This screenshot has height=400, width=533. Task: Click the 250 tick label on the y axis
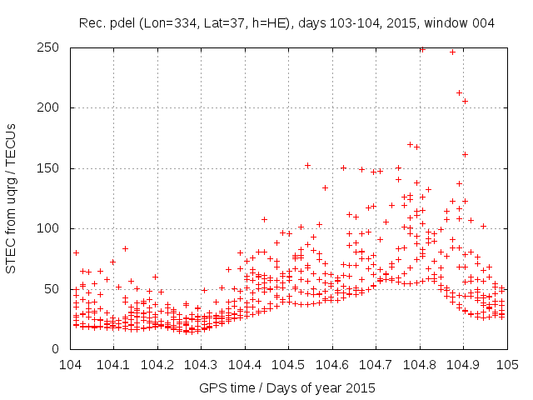tap(52, 47)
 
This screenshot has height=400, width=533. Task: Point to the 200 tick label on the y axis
tap(52, 107)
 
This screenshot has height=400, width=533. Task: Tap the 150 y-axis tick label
tap(52, 168)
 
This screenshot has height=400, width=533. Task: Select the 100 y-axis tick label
tap(52, 228)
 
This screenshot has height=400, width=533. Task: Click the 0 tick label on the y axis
tap(58, 349)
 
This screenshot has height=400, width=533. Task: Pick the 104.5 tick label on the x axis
tap(288, 365)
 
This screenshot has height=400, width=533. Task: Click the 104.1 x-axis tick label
tap(114, 365)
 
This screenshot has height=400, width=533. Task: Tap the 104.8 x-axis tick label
tap(420, 365)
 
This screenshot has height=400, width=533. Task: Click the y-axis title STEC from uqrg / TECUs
tap(11, 197)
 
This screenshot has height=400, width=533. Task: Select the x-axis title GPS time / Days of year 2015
tap(287, 387)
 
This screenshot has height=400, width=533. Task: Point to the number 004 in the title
tap(482, 23)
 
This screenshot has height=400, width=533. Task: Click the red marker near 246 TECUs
tap(453, 52)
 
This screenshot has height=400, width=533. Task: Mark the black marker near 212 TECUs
tap(459, 92)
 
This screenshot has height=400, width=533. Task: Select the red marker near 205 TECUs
tap(465, 101)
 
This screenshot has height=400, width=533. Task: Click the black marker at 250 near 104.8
tap(422, 49)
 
